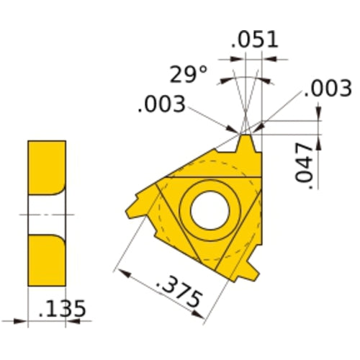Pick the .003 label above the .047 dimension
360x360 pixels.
click(328, 89)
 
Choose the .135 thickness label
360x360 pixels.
click(61, 310)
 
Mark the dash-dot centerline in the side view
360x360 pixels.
click(47, 215)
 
